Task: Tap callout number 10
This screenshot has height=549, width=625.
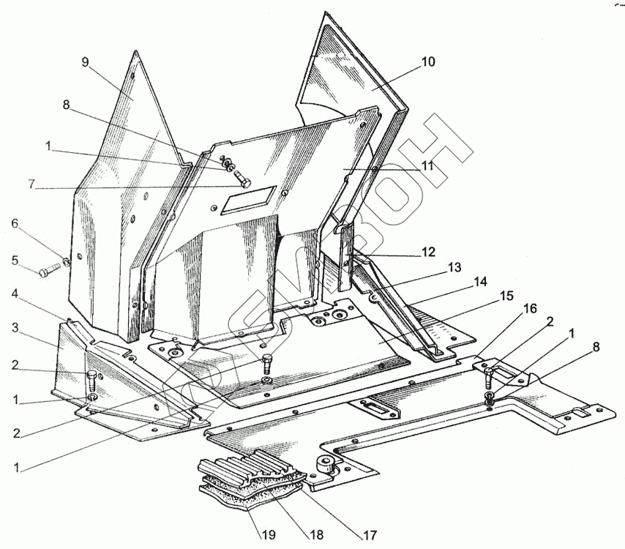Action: pyautogui.click(x=428, y=62)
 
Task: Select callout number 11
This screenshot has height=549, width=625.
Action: pyautogui.click(x=427, y=166)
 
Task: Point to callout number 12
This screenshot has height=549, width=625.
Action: pyautogui.click(x=428, y=252)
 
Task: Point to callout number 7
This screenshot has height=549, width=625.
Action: pyautogui.click(x=31, y=184)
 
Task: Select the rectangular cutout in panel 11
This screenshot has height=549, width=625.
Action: pyautogui.click(x=249, y=198)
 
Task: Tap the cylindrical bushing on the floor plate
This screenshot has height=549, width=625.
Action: pyautogui.click(x=323, y=463)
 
